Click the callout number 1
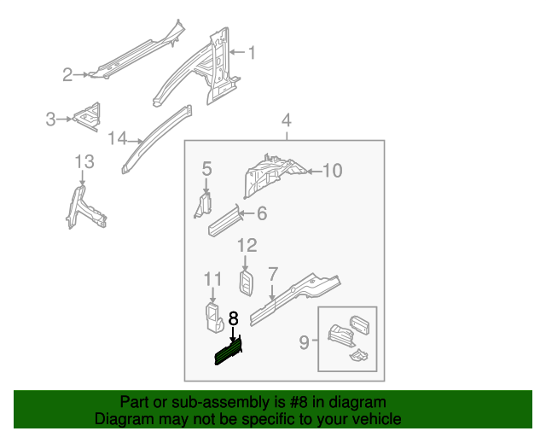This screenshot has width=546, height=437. [252, 53]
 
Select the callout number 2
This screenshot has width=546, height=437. [67, 75]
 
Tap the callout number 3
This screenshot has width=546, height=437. [51, 119]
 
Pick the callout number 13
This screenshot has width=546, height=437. [83, 161]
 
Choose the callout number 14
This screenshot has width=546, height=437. [117, 138]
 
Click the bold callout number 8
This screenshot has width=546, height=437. [233, 319]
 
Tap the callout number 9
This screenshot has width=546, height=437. [304, 343]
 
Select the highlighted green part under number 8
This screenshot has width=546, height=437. [228, 351]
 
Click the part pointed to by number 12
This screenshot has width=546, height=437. [246, 283]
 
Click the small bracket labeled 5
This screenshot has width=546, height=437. [205, 205]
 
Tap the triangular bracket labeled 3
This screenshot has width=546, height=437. [87, 116]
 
